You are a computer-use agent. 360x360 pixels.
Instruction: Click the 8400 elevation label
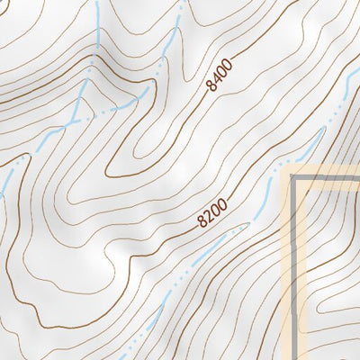[220, 75]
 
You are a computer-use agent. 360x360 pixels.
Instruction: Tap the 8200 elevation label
[212, 213]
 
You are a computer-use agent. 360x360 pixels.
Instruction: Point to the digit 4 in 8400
[218, 78]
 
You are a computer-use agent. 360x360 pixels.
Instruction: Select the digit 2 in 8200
[208, 217]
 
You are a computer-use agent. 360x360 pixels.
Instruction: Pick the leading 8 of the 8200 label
[202, 222]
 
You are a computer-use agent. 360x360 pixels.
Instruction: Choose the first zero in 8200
[216, 210]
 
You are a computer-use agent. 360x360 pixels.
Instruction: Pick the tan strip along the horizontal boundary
[328, 172]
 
